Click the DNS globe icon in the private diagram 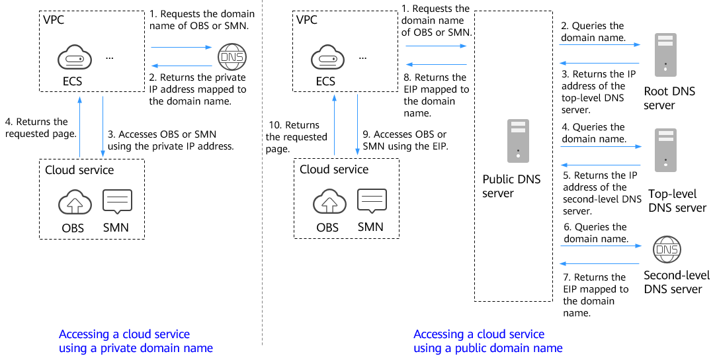(231, 57)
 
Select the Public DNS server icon (518, 141)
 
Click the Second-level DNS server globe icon (666, 249)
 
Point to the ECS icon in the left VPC (72, 59)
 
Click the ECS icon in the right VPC (325, 59)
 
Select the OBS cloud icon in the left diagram (74, 202)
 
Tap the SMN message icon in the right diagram (372, 201)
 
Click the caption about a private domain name (136, 341)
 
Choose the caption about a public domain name (487, 341)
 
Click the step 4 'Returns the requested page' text (40, 128)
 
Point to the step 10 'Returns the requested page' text (296, 137)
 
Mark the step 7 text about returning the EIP (595, 294)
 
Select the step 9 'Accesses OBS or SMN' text (405, 140)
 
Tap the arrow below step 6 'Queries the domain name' (600, 246)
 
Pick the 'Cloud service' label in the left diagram (79, 170)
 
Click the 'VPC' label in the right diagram (308, 19)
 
